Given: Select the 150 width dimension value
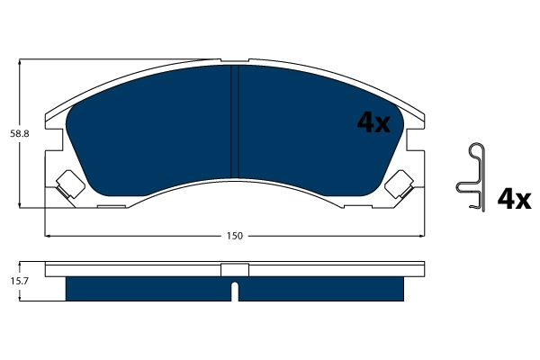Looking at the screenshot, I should click(234, 236).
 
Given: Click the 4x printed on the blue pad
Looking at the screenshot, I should click(373, 123).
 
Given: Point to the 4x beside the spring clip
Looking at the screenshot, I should click(515, 198).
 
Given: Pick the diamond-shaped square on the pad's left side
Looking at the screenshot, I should click(69, 184).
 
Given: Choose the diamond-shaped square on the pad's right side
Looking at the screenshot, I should click(399, 184).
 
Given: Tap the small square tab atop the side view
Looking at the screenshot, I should click(234, 269).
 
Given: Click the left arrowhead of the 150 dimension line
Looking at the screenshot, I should click(49, 236).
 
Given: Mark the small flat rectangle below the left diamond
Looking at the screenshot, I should click(111, 206).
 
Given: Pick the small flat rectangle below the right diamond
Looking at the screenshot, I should click(357, 206).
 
